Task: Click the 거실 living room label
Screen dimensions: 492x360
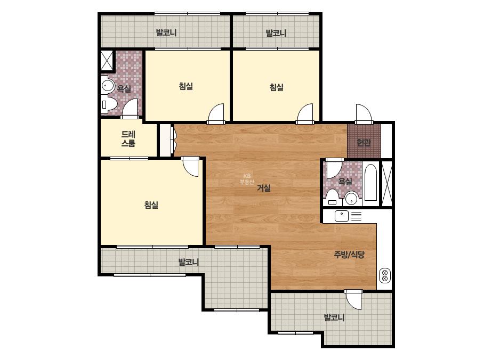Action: pyautogui.click(x=263, y=188)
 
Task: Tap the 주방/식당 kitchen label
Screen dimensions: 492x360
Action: pyautogui.click(x=349, y=255)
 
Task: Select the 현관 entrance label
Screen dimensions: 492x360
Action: pyautogui.click(x=364, y=143)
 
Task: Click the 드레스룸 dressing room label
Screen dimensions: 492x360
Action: pyautogui.click(x=128, y=139)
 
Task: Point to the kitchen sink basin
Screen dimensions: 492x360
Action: pyautogui.click(x=341, y=216)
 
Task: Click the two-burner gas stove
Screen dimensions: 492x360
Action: pyautogui.click(x=385, y=275)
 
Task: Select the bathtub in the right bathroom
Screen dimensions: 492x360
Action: pyautogui.click(x=370, y=183)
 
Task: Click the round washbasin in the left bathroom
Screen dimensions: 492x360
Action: pyautogui.click(x=108, y=86)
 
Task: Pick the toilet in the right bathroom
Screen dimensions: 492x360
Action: pyautogui.click(x=332, y=197)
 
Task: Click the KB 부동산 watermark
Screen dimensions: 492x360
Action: pyautogui.click(x=247, y=179)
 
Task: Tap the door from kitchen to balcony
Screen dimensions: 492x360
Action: pyautogui.click(x=354, y=299)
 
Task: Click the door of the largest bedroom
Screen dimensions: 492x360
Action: pyautogui.click(x=191, y=166)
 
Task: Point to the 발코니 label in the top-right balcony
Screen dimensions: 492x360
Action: pyautogui.click(x=276, y=33)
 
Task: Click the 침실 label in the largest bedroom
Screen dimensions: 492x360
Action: pyautogui.click(x=151, y=205)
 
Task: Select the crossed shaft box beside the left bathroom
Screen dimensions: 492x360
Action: pyautogui.click(x=107, y=60)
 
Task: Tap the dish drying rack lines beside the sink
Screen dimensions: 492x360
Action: pyautogui.click(x=356, y=216)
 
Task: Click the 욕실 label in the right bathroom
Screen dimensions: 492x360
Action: pyautogui.click(x=345, y=181)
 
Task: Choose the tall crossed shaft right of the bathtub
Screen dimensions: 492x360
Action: pyautogui.click(x=387, y=183)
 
